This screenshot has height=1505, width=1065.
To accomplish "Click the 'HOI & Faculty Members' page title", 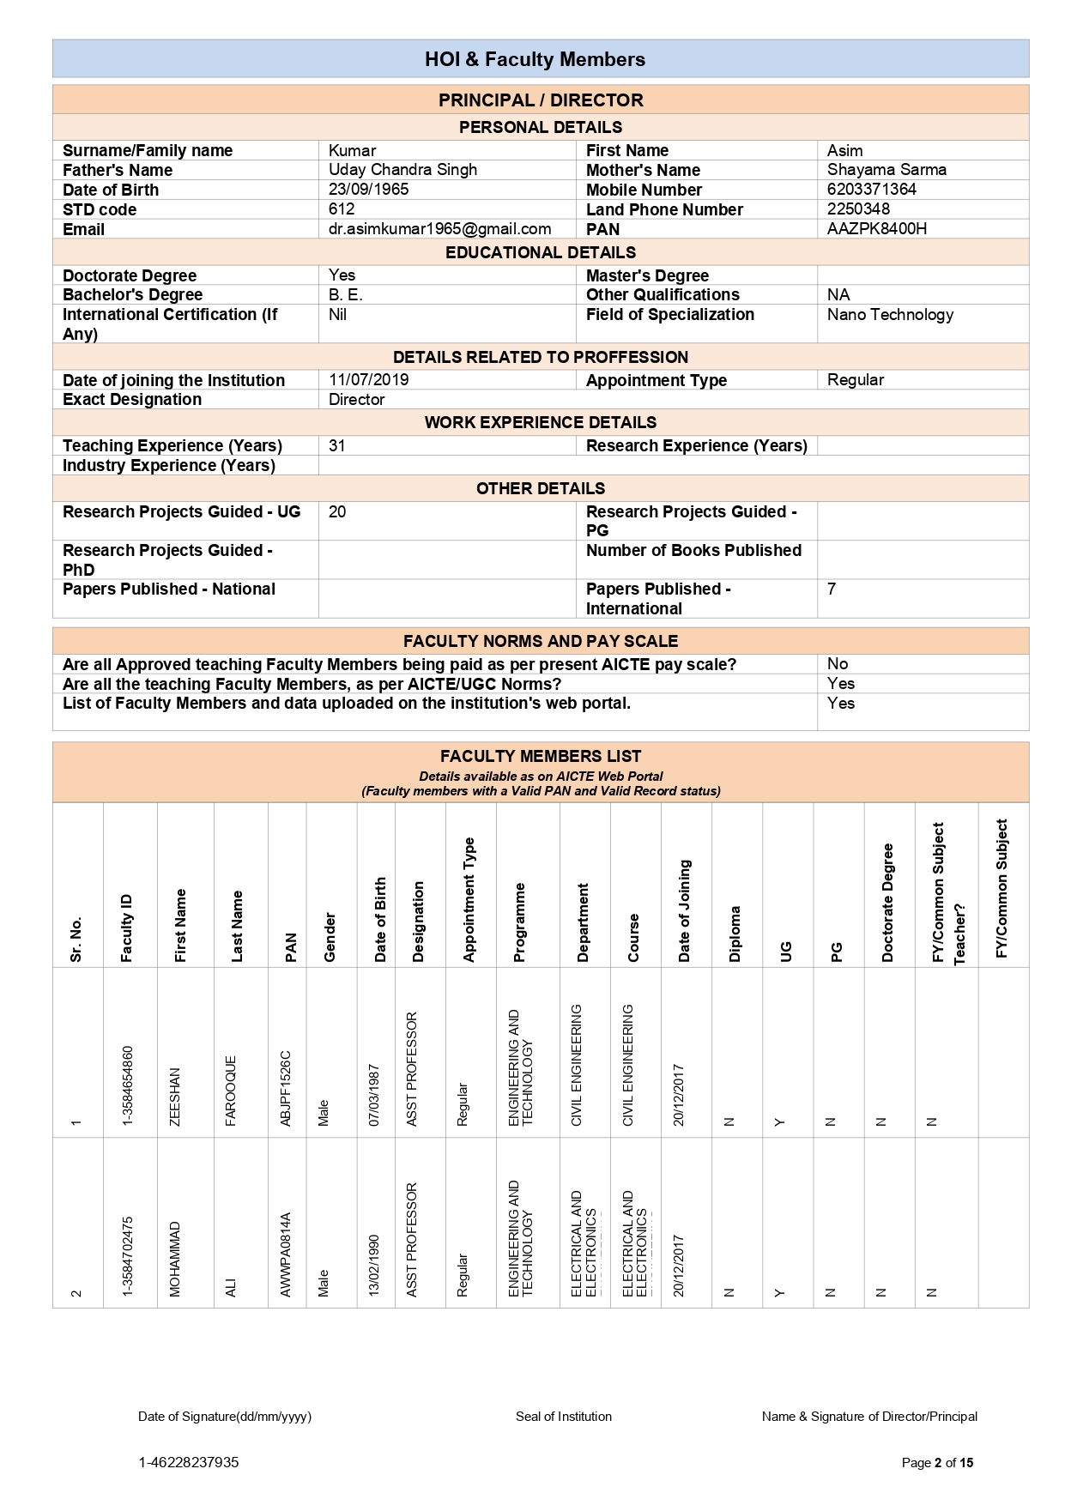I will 535,59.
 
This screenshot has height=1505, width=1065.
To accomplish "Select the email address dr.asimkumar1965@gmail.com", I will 439,229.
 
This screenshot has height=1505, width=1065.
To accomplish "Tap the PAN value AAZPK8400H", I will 876,229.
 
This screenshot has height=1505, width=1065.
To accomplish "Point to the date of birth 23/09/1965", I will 368,190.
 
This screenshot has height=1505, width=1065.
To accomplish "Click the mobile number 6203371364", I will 871,190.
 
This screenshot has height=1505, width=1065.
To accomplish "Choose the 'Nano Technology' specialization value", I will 890,315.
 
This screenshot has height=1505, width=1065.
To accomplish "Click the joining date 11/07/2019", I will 368,380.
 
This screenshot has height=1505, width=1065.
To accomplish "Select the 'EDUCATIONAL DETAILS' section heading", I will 540,252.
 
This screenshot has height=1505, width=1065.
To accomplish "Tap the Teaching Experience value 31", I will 336,446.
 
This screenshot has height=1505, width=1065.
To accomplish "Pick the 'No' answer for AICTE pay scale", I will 837,664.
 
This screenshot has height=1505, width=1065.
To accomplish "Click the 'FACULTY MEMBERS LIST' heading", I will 540,756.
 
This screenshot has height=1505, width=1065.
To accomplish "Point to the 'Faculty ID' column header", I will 127,928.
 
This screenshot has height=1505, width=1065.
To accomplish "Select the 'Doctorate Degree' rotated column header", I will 887,902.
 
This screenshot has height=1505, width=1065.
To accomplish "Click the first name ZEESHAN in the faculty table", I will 176,1097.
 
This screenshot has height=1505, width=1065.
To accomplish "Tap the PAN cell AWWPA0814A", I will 287,1254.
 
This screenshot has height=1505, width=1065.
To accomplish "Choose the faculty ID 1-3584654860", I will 127,1085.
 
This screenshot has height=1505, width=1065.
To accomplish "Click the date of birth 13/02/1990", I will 374,1265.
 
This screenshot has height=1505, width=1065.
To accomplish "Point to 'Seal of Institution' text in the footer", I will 563,1417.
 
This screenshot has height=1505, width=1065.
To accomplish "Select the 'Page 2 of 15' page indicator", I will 937,1463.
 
